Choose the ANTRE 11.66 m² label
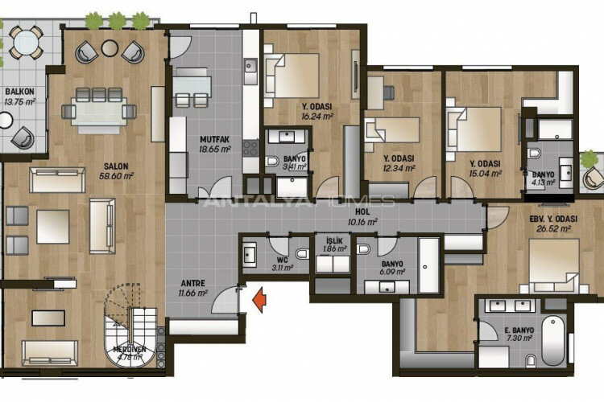point(193,288)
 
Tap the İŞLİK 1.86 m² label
point(331,244)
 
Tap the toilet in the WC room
point(301,254)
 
